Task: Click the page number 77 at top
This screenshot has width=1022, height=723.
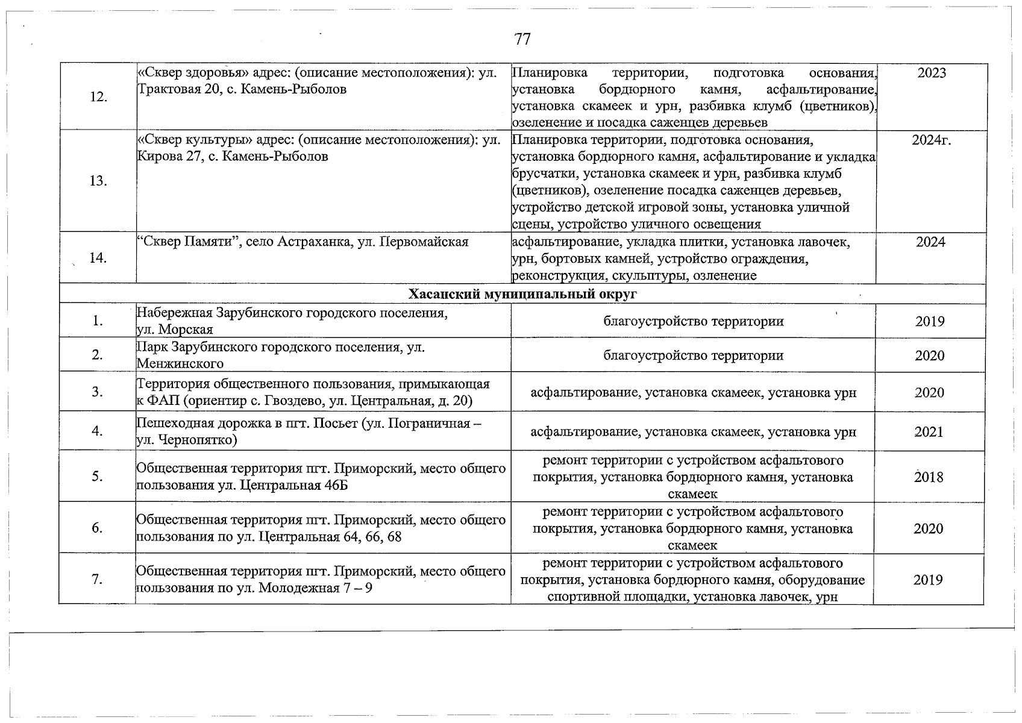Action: (x=522, y=40)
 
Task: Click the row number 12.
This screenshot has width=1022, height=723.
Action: (x=98, y=97)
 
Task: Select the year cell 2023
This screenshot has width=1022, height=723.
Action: (x=932, y=73)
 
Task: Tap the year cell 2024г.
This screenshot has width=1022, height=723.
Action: (x=932, y=140)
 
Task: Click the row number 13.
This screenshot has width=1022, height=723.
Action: (x=98, y=181)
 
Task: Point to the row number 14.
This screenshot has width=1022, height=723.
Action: (x=98, y=258)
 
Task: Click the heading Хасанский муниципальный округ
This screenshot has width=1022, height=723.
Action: (x=522, y=294)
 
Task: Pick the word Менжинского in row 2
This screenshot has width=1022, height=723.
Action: (x=180, y=364)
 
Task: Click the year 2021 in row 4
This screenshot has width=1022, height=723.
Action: (x=929, y=432)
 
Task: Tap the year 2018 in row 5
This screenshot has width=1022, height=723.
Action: (x=929, y=477)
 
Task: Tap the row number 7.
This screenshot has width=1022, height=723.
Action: (x=97, y=580)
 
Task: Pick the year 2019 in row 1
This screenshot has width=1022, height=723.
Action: (x=930, y=321)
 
